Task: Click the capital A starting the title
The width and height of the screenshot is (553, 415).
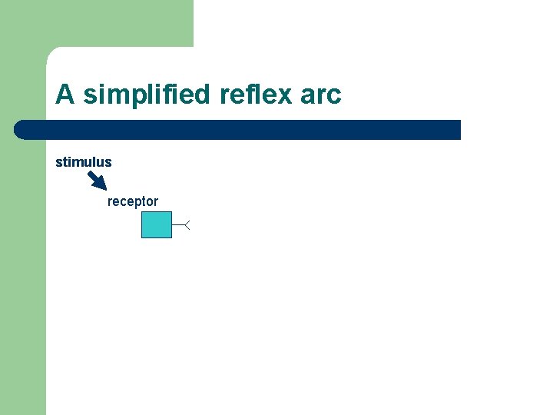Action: point(65,95)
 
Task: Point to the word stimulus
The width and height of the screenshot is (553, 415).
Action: point(84,162)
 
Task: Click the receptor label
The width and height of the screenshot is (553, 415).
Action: point(133,201)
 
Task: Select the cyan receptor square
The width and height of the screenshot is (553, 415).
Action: point(157,224)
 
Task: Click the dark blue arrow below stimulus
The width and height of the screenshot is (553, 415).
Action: point(97,181)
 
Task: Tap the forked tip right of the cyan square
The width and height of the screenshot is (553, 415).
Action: point(187,224)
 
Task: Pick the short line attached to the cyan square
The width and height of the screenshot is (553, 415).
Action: point(178,224)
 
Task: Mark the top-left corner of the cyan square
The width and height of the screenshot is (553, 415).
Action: point(142,211)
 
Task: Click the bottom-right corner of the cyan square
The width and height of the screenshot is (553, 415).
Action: point(171,237)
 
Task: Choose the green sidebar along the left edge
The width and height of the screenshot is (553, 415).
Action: point(22,269)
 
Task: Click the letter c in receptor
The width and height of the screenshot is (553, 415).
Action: point(125,202)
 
